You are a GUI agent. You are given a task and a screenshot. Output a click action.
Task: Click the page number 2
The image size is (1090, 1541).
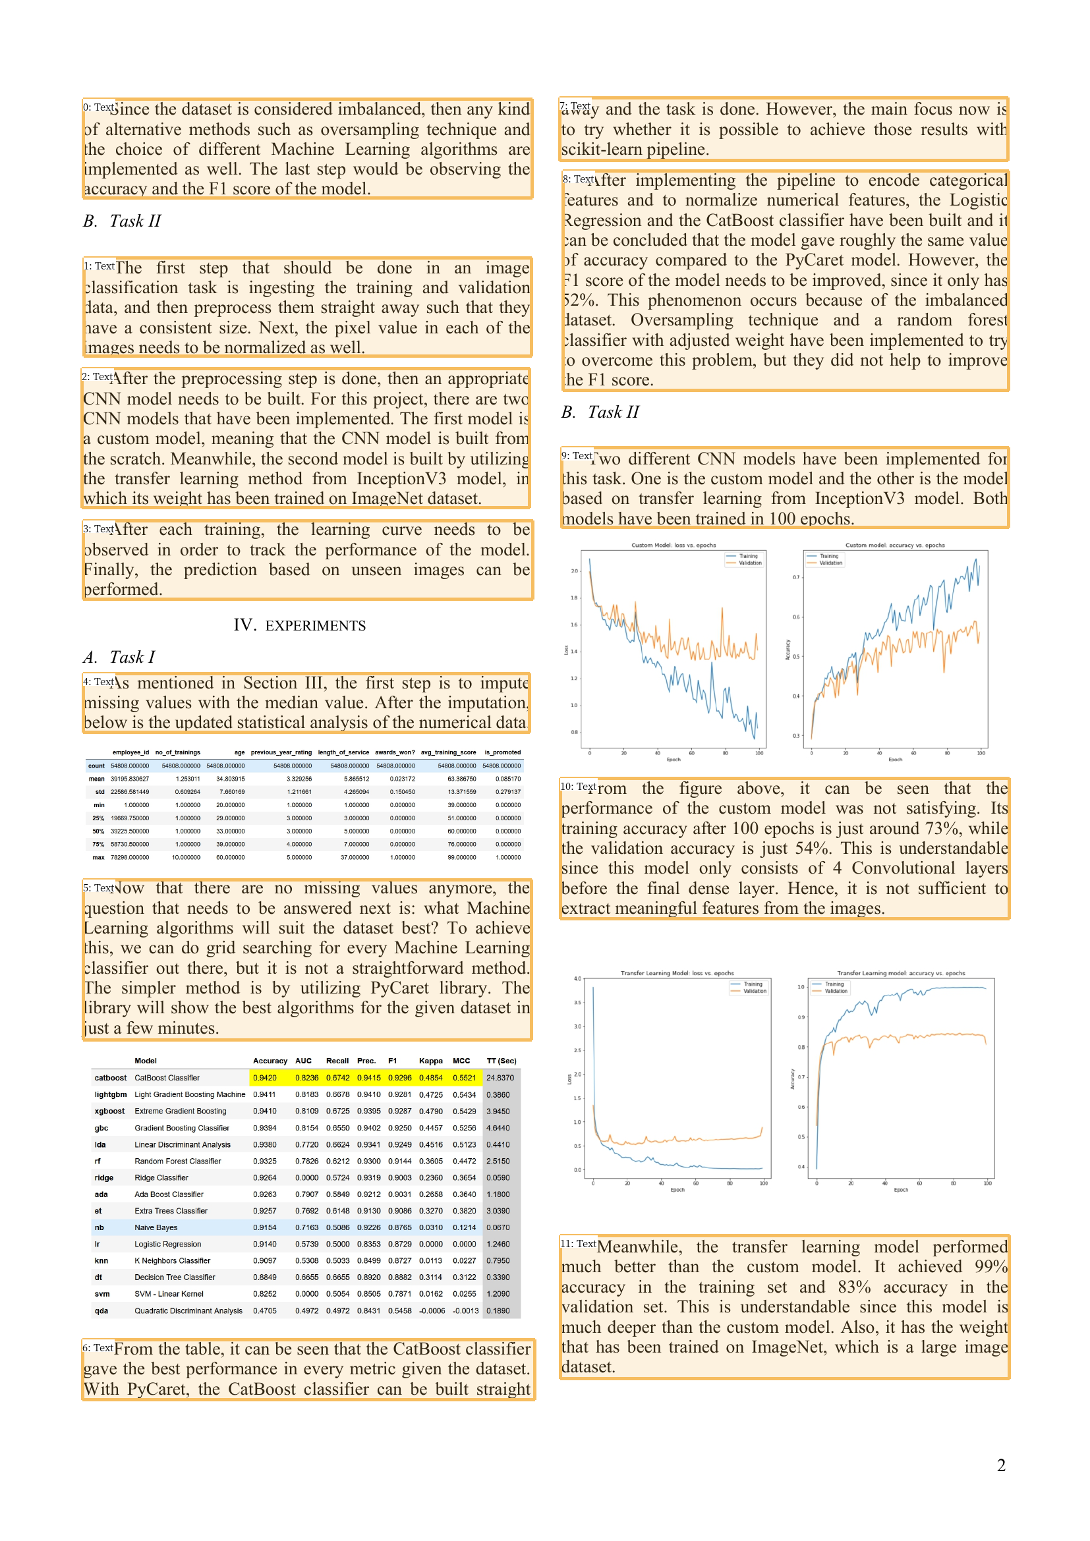(1000, 1465)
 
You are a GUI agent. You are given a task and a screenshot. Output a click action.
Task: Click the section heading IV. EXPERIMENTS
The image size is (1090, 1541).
(299, 625)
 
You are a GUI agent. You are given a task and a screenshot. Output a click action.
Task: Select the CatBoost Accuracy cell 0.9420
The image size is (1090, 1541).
(264, 1078)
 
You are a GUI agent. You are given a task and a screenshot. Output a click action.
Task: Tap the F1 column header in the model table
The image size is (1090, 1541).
(392, 1061)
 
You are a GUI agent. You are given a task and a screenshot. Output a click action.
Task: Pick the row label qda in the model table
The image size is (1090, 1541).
(101, 1311)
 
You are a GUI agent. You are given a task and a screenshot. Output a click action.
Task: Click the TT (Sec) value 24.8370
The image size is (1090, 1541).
(500, 1078)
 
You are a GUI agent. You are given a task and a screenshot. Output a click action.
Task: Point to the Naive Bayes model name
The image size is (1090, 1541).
(156, 1227)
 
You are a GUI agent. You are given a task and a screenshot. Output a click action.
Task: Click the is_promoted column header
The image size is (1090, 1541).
(502, 752)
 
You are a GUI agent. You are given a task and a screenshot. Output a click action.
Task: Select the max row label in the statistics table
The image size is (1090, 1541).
(98, 857)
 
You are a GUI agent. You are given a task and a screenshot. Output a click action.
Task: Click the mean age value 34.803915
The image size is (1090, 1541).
(230, 779)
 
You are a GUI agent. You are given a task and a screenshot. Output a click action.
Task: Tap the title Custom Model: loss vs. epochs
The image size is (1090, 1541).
(674, 545)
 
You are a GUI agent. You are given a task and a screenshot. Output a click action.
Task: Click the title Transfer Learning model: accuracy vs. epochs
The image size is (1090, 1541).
(901, 972)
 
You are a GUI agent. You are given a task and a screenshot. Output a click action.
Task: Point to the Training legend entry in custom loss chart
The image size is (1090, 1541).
(748, 556)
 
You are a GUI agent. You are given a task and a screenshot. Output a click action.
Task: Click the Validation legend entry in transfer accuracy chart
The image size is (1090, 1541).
(836, 991)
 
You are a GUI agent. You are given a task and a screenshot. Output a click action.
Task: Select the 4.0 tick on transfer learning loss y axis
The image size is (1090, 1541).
(577, 978)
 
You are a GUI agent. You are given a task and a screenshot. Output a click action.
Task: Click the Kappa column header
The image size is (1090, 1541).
(430, 1061)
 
